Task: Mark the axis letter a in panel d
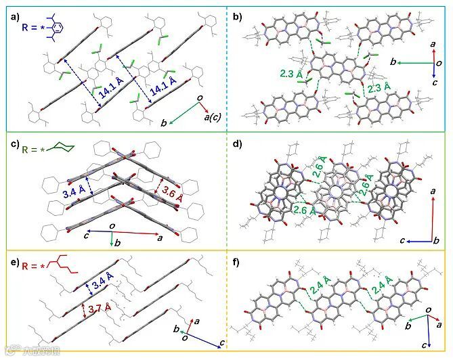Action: pos(433,192)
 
